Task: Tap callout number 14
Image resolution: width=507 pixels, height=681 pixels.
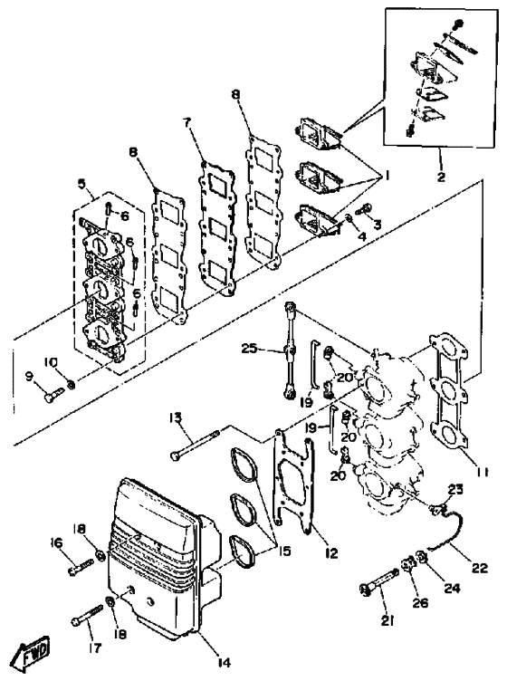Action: click(224, 662)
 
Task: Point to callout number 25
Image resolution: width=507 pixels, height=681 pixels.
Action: click(249, 349)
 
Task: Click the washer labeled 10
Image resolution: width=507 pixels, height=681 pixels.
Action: click(72, 384)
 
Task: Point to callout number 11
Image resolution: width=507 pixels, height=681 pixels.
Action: click(481, 471)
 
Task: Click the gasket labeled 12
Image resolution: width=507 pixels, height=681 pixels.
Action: click(294, 482)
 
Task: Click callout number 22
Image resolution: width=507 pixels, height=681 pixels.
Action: click(479, 568)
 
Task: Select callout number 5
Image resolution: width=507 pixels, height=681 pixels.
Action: click(81, 183)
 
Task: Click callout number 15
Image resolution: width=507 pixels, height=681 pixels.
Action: click(285, 551)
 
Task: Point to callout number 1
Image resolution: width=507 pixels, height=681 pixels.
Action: click(385, 177)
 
